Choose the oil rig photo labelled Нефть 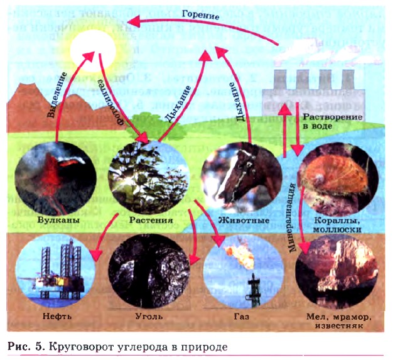(x=55, y=271)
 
